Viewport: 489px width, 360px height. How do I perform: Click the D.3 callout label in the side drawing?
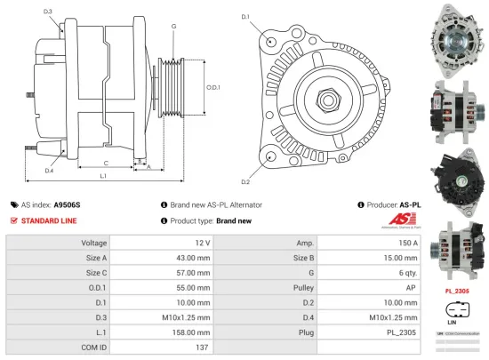47,12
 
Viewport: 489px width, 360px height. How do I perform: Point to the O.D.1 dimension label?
212,87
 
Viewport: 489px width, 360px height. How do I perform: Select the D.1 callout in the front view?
245,17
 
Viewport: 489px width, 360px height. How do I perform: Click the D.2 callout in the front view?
245,156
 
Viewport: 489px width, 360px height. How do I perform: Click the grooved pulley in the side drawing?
171,89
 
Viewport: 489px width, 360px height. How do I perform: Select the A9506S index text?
67,204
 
